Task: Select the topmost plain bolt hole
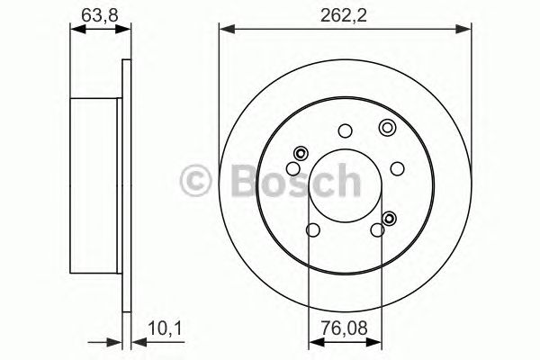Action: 345,130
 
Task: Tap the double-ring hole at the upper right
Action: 387,126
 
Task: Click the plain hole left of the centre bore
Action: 293,168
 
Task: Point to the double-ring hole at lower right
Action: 390,217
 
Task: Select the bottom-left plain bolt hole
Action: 311,231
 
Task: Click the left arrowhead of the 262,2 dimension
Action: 225,30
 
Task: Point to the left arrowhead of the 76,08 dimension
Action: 313,343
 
